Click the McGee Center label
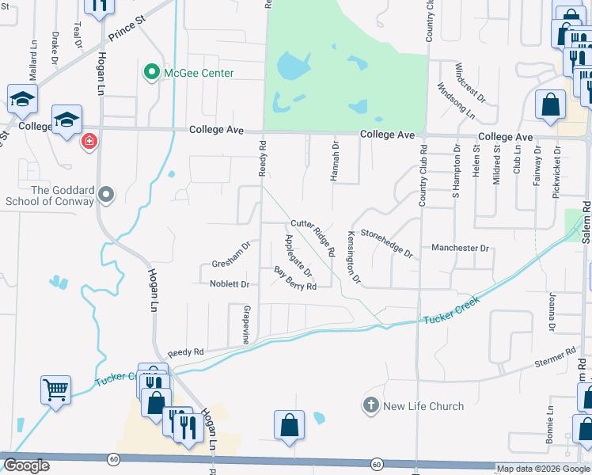(199, 73)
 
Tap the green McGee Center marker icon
(150, 73)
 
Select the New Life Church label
(423, 406)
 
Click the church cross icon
(370, 406)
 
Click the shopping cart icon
(56, 389)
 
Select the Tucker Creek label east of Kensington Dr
(452, 317)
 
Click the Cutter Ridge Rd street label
(313, 237)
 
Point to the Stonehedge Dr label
(386, 243)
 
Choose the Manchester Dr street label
(461, 248)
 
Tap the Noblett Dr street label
(230, 284)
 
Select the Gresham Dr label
(231, 255)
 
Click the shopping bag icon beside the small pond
(289, 424)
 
